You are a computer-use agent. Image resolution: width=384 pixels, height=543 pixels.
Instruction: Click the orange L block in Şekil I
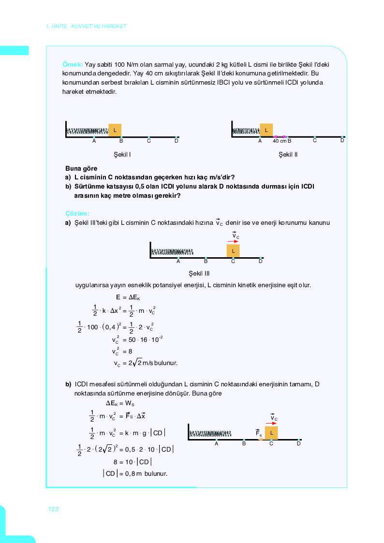(115, 130)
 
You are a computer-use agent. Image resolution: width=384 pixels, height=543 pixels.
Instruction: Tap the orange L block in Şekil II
(266, 130)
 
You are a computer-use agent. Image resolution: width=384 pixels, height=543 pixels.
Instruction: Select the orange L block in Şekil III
(233, 251)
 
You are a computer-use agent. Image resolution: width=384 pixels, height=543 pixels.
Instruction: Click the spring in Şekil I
(87, 131)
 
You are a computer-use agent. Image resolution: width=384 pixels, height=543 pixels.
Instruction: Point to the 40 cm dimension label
(280, 141)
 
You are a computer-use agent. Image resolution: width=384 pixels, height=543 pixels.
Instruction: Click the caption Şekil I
(122, 155)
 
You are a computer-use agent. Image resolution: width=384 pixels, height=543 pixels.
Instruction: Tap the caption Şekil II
(288, 155)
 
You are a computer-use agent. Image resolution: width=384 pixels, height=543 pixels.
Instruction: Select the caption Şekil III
(206, 273)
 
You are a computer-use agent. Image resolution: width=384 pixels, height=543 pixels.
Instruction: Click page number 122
(53, 509)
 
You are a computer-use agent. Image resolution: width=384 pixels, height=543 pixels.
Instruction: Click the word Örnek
(73, 64)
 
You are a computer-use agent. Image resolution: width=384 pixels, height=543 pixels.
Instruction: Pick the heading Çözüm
(77, 213)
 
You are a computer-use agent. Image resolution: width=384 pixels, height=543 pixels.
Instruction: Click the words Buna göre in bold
(81, 169)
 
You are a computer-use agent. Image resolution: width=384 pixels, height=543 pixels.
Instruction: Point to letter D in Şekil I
(177, 141)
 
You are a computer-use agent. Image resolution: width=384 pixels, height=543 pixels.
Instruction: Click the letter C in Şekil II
(315, 140)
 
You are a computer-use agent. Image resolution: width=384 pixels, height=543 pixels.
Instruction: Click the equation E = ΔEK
(128, 297)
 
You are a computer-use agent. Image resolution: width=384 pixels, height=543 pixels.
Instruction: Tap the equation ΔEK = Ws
(120, 403)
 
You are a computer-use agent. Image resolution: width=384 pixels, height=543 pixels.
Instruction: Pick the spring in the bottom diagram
(209, 433)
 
